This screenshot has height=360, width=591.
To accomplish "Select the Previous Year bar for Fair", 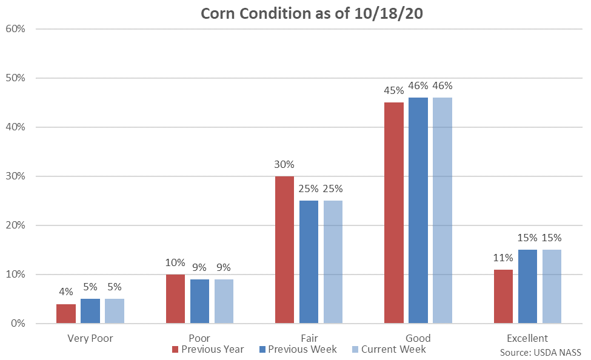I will (x=284, y=250).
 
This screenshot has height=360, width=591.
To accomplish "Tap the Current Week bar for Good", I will (x=442, y=210).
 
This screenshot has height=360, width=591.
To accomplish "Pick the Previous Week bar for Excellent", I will (x=527, y=287).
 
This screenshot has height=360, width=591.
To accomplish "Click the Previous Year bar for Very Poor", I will (x=66, y=313).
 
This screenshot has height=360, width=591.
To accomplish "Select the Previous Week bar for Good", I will (x=418, y=210).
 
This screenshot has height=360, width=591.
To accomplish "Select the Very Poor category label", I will (x=90, y=338).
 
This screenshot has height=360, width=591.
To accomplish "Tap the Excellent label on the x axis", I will (x=527, y=338).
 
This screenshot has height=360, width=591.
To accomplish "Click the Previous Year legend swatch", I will (x=176, y=350).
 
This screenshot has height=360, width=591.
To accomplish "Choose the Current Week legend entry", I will (x=388, y=350).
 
